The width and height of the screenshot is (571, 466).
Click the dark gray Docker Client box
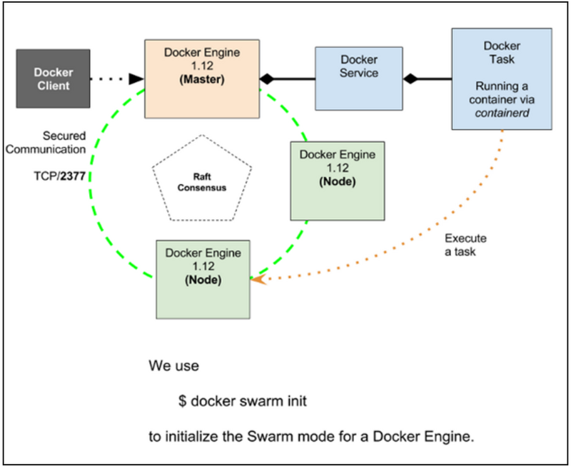point(53,78)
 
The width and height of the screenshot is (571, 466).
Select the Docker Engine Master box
point(202,79)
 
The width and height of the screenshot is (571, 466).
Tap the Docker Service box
point(359,78)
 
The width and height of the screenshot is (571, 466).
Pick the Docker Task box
point(502,79)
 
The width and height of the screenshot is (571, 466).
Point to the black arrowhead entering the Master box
point(136,78)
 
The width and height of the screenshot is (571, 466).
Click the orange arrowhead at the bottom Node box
point(258,280)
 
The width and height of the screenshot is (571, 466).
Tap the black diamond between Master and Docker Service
point(267,78)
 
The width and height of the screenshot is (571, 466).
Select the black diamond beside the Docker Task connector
point(410,78)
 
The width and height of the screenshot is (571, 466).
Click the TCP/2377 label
point(60,176)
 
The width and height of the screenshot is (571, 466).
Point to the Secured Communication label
point(46,142)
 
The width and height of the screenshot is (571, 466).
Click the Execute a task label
point(465,245)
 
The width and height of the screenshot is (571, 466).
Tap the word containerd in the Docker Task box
point(502,113)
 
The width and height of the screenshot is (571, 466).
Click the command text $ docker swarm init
point(243,401)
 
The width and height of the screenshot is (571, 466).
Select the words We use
point(173,366)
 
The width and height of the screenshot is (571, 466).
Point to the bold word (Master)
point(202,79)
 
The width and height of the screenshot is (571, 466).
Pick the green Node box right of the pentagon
point(337,181)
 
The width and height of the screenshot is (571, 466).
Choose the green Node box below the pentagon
point(203,280)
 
